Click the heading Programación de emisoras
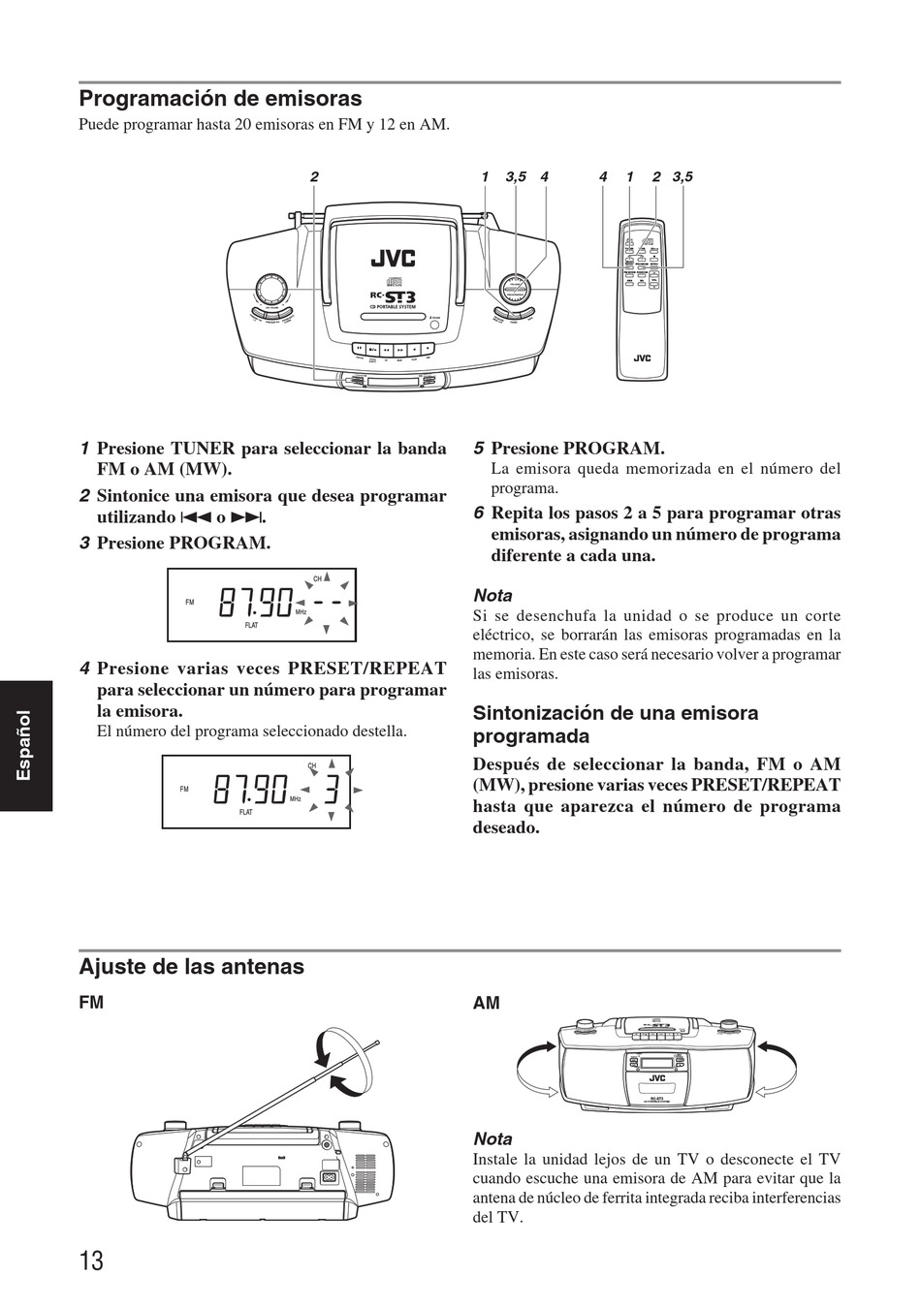pyautogui.click(x=220, y=99)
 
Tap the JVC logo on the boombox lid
pyautogui.click(x=393, y=258)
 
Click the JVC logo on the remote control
pyautogui.click(x=642, y=358)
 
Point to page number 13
pyautogui.click(x=91, y=1260)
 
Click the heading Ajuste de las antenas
pyautogui.click(x=191, y=967)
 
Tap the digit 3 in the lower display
pyautogui.click(x=331, y=791)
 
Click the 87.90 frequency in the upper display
pyautogui.click(x=255, y=604)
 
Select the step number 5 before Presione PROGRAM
pyautogui.click(x=479, y=449)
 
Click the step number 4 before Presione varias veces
pyautogui.click(x=85, y=669)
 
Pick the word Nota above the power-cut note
pyautogui.click(x=492, y=595)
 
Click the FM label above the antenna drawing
pyautogui.click(x=91, y=1004)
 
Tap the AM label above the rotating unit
pyautogui.click(x=486, y=1004)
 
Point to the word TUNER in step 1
pyautogui.click(x=203, y=449)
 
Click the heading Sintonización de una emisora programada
pyautogui.click(x=615, y=724)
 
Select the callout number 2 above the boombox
pyautogui.click(x=314, y=176)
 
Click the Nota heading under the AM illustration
pyautogui.click(x=492, y=1139)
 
